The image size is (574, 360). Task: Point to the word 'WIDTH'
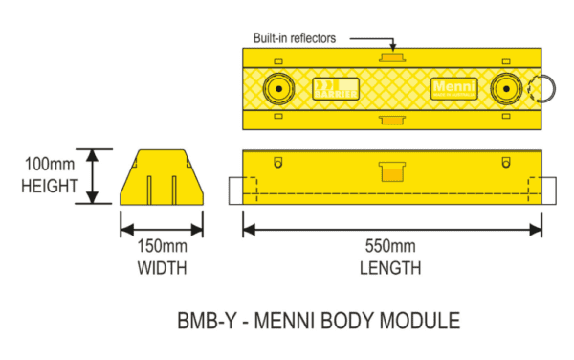pyautogui.click(x=161, y=269)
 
